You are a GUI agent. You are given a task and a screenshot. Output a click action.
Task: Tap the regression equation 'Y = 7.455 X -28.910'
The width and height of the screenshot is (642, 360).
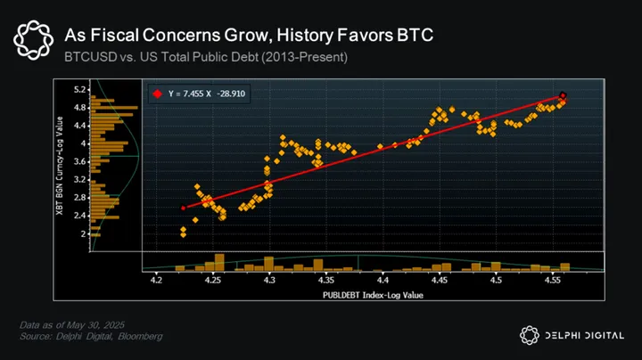214,93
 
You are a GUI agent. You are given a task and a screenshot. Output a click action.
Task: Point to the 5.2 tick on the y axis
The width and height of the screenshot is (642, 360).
80,90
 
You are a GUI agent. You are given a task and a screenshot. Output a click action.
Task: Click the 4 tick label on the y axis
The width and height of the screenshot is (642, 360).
83,143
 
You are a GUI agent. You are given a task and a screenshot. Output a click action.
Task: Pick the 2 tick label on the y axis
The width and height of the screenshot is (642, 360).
83,233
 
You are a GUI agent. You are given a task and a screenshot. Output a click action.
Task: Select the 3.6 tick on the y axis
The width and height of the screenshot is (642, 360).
80,161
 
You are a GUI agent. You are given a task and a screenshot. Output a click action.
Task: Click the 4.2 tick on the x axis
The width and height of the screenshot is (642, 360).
156,281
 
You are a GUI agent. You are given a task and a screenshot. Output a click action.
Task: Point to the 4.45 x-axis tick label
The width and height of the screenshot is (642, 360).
439,281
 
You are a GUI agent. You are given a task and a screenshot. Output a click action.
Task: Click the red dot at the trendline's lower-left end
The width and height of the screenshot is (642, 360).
183,208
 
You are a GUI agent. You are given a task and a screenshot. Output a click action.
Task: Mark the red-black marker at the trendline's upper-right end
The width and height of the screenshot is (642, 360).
563,95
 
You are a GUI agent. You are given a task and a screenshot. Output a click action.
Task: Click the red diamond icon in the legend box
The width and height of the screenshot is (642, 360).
157,93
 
